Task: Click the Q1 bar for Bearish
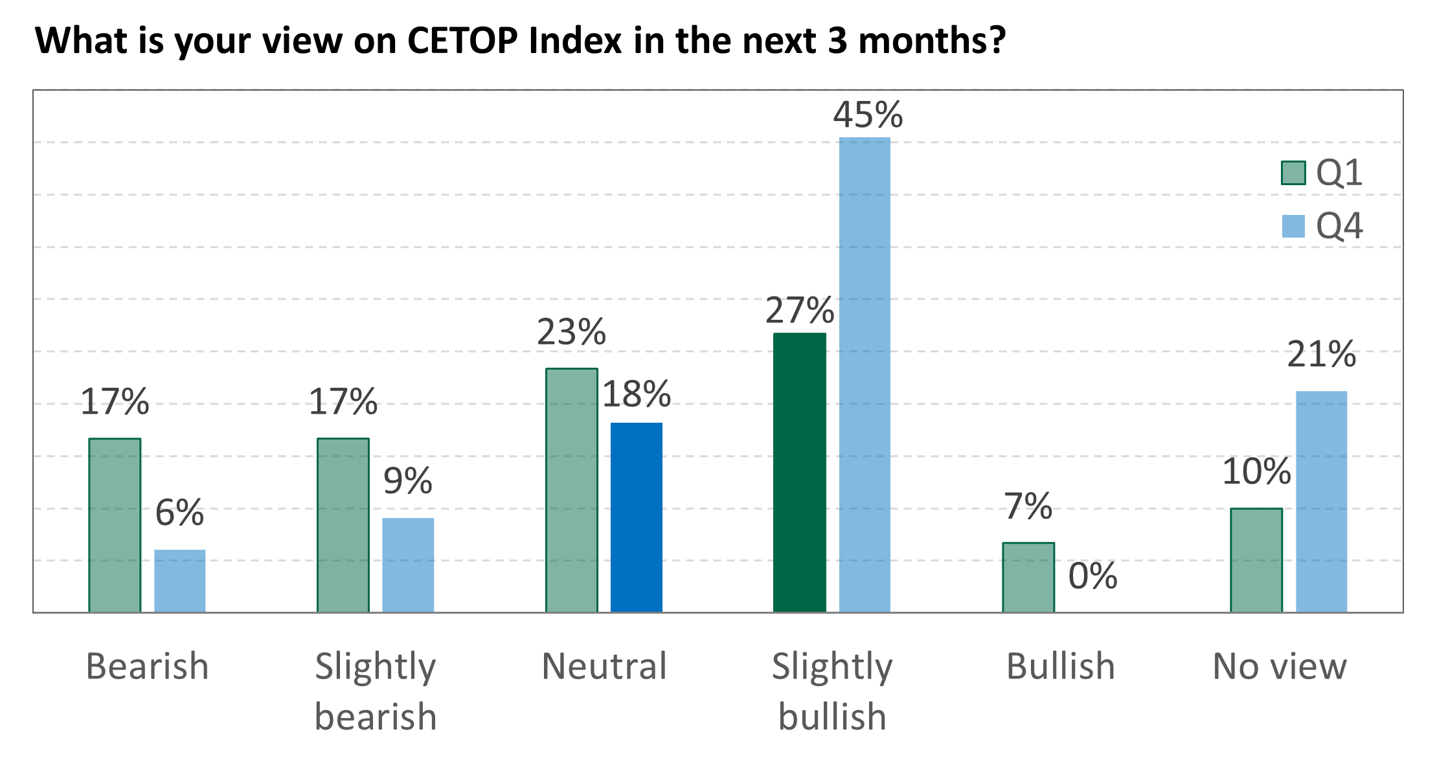(x=115, y=525)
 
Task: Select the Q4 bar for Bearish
(x=180, y=581)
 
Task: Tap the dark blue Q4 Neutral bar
(x=637, y=517)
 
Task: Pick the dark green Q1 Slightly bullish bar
(x=800, y=473)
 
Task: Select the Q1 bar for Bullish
(x=1028, y=577)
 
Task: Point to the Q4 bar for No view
(x=1321, y=502)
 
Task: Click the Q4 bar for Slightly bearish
(x=408, y=564)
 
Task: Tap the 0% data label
(x=1092, y=575)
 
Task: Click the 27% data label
(x=799, y=311)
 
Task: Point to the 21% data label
(x=1321, y=354)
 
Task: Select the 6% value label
(x=179, y=513)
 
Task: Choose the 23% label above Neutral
(x=571, y=333)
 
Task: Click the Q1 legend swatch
(x=1293, y=173)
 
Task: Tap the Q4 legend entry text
(x=1339, y=226)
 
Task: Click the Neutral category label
(x=604, y=666)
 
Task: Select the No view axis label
(x=1280, y=666)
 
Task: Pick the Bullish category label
(x=1060, y=666)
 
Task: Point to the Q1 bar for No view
(x=1256, y=560)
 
